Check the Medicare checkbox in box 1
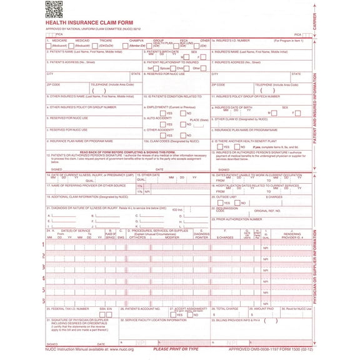pos(49,46)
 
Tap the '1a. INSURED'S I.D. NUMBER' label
pos(234,40)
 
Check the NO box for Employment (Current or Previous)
pos(182,113)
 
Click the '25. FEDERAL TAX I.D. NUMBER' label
pos(69,308)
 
